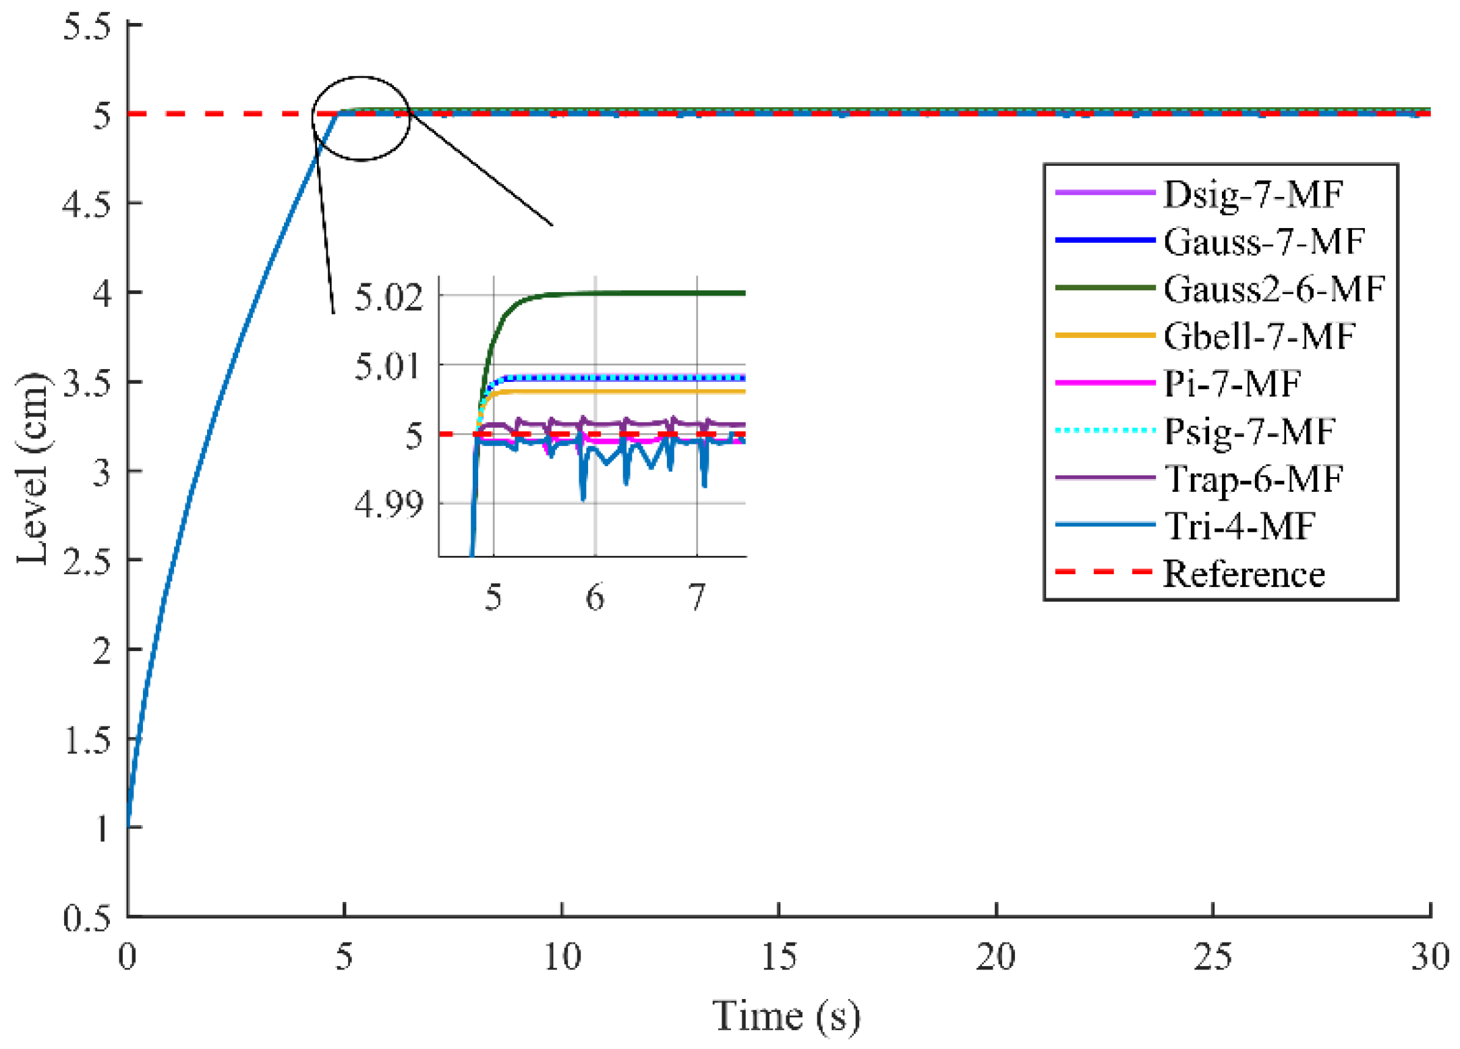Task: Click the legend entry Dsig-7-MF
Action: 1253,194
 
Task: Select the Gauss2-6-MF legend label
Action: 1273,289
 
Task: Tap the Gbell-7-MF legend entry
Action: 1258,336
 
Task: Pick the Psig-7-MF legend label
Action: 1249,431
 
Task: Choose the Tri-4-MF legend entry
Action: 1239,526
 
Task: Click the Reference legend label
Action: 1244,574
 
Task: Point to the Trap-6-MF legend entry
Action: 1253,479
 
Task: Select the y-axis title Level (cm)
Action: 32,468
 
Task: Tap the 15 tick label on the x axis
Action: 778,957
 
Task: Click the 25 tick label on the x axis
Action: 1212,957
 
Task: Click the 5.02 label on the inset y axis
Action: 389,297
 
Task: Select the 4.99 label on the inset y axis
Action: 389,504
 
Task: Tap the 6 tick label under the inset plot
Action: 594,598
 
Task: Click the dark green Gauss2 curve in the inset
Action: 641,293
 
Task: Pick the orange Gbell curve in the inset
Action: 641,391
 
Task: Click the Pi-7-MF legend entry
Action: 1231,384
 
